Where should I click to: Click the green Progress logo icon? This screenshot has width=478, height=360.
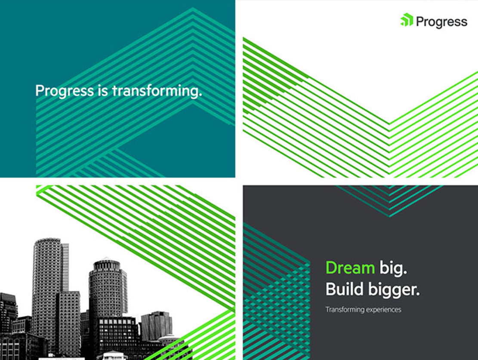407,20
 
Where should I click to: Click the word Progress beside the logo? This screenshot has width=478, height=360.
442,22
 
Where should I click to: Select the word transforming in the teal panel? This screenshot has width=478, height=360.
157,91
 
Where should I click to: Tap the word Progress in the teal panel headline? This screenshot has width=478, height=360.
65,91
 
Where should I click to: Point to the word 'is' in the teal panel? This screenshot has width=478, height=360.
103,91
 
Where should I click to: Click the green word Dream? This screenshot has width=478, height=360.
350,268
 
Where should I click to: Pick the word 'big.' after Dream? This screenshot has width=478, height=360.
393,268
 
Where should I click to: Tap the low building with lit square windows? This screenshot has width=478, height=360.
117,334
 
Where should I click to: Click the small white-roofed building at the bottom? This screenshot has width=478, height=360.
112,355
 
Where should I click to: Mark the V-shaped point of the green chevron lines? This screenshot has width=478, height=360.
389,123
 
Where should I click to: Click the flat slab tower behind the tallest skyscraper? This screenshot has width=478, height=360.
65,267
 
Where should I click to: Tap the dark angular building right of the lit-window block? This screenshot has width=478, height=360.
156,326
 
